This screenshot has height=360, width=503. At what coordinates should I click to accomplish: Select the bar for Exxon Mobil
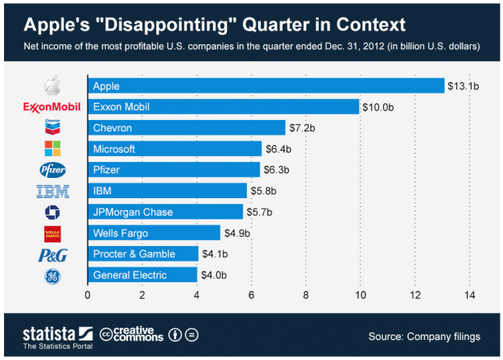tap(223, 106)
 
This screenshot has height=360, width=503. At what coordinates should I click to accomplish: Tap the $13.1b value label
tap(464, 85)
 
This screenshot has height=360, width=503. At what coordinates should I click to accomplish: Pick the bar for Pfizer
tap(174, 169)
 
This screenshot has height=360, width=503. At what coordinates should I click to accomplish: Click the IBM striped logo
tap(54, 191)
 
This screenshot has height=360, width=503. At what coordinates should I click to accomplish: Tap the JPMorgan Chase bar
tap(165, 212)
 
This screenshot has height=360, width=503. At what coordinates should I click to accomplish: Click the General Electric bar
tap(142, 275)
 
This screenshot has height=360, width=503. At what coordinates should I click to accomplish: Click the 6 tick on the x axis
tap(251, 295)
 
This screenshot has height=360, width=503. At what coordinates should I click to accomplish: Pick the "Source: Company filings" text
tap(423, 334)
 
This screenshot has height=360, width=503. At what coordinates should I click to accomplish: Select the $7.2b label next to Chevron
tap(303, 127)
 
